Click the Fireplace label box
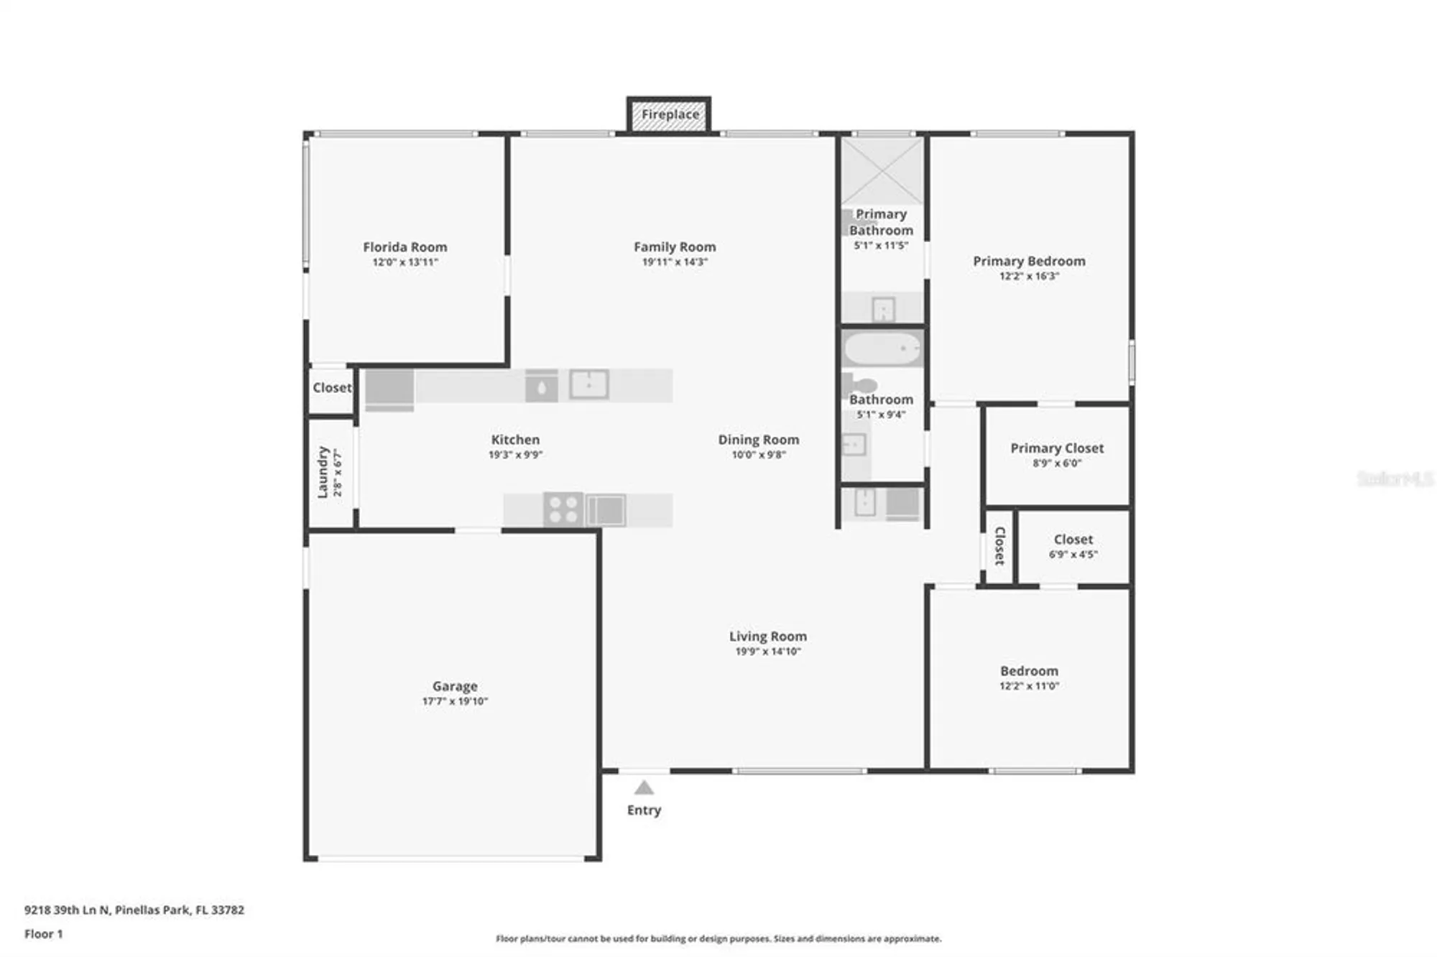[670, 115]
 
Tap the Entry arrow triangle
[644, 788]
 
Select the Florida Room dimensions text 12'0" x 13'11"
[405, 262]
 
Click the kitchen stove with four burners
[563, 509]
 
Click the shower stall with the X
[882, 171]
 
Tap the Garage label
[454, 686]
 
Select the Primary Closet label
[1056, 448]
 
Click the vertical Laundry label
[323, 472]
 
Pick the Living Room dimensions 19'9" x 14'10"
[767, 652]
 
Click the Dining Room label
[758, 440]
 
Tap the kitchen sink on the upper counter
[589, 384]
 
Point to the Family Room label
[674, 247]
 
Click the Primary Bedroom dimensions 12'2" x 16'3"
[1029, 276]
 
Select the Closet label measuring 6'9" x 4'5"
[1073, 540]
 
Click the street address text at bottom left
[134, 910]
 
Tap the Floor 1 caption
[43, 934]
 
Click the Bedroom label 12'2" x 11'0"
[1029, 671]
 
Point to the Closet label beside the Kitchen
[332, 388]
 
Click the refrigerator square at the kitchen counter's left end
[389, 389]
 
